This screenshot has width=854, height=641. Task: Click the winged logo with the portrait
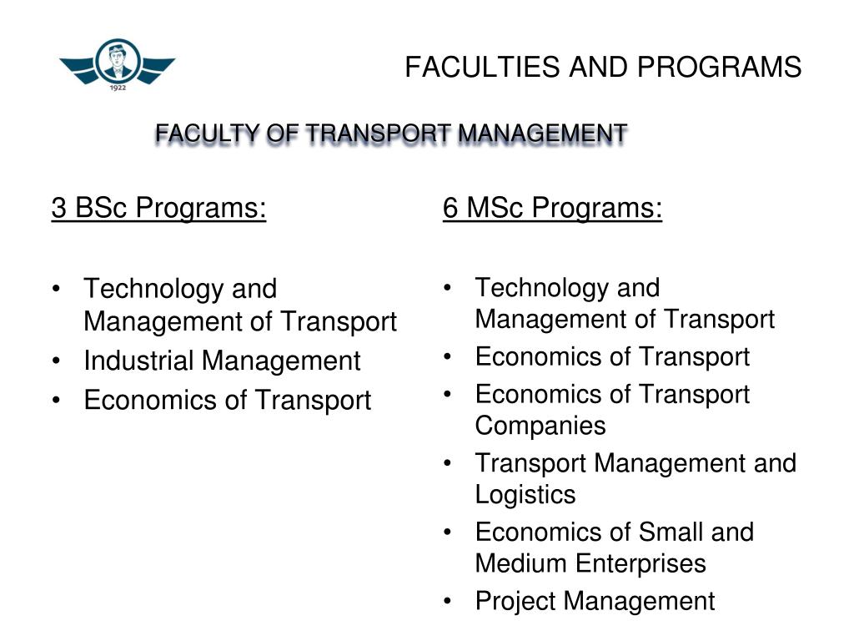117,63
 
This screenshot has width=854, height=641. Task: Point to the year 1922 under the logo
118,87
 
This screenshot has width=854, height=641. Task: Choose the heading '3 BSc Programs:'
158,208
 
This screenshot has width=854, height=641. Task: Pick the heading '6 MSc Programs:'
552,208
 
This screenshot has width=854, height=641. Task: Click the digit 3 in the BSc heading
58,208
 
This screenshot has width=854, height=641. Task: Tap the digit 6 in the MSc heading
450,208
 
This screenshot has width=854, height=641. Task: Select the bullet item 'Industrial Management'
222,361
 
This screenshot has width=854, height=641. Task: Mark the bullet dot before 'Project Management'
450,601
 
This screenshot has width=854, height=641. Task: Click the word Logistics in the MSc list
525,495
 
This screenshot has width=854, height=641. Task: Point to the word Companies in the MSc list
540,426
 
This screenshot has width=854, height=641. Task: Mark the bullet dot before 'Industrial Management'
57,361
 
